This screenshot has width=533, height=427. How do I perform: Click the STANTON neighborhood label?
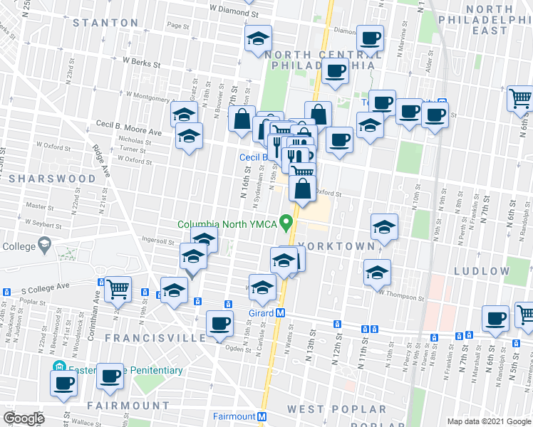click(x=106, y=23)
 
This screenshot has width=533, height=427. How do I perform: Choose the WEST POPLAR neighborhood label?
click(x=336, y=409)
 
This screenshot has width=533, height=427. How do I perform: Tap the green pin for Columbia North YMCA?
click(x=288, y=223)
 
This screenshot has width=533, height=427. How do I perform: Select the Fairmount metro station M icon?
click(x=262, y=416)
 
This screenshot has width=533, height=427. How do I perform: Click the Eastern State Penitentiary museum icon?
click(x=59, y=369)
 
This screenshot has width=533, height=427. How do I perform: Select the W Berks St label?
click(x=142, y=62)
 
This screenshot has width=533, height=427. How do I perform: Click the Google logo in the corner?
click(x=24, y=418)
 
